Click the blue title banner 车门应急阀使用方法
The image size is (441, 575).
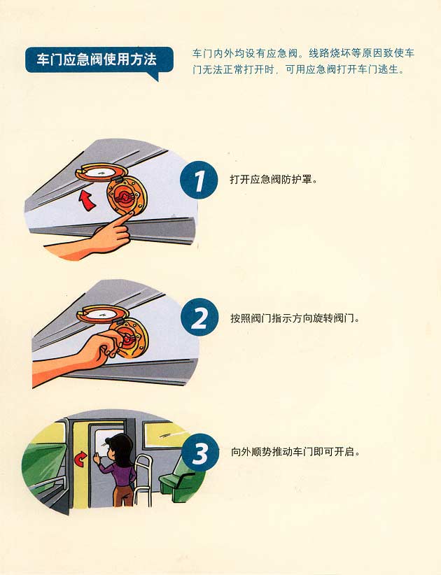(99, 60)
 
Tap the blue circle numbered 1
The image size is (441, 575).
(199, 180)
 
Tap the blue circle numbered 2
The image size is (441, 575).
(199, 318)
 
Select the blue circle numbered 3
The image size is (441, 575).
(200, 453)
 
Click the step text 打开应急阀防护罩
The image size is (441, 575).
(273, 180)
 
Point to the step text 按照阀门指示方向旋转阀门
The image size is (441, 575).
(295, 318)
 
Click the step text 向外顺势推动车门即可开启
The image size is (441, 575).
(295, 452)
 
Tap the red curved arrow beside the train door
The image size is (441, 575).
(80, 458)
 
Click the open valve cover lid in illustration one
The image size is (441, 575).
(101, 173)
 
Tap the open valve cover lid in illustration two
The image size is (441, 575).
(102, 313)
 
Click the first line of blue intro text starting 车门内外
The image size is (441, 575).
(303, 54)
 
